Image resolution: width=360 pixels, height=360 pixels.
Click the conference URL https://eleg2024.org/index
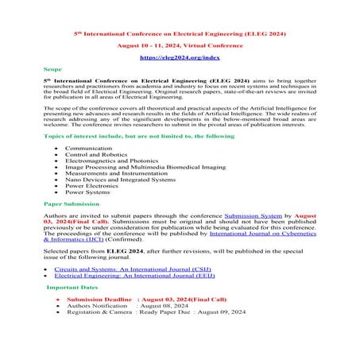[x=180, y=58]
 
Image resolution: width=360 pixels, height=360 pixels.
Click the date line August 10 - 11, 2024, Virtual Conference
[x=180, y=46]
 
